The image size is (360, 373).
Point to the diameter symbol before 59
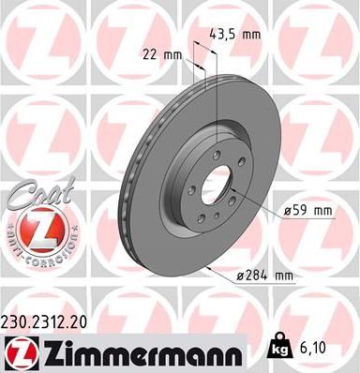pos(287,211)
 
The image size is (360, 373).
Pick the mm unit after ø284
pos(283,274)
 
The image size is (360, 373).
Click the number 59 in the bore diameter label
pos(302,211)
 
